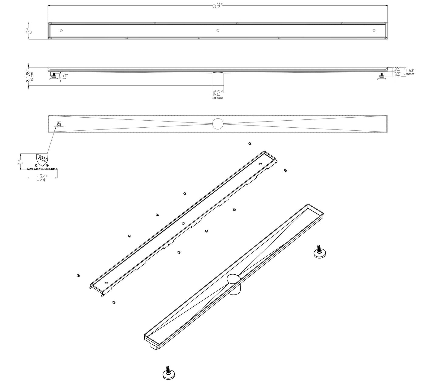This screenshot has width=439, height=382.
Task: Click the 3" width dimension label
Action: (28, 31)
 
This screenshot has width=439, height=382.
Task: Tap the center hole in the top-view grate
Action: (218, 30)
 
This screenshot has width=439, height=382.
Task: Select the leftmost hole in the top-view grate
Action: (61, 30)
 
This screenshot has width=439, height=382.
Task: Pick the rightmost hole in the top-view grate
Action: (374, 30)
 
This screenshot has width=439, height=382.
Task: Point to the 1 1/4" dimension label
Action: (63, 75)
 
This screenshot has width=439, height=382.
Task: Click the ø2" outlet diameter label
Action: (218, 93)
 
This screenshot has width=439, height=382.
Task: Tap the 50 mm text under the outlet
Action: (218, 98)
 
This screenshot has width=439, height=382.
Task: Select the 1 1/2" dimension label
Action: (410, 71)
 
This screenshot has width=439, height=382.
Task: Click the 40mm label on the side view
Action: (410, 74)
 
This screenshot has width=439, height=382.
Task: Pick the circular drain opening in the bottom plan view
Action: (218, 124)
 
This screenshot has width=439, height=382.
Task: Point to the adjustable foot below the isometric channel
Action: (168, 373)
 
